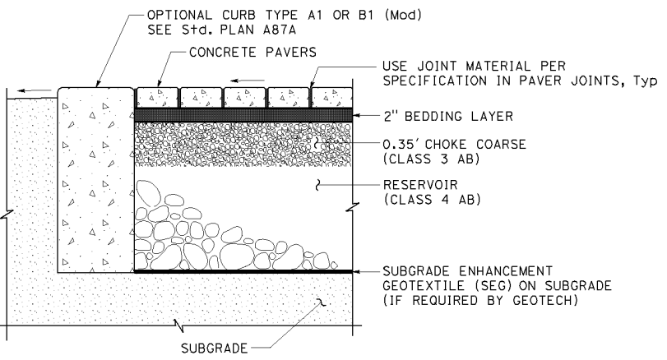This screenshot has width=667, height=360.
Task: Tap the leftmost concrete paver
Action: tap(156, 97)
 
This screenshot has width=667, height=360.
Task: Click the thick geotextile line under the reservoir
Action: tap(243, 270)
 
